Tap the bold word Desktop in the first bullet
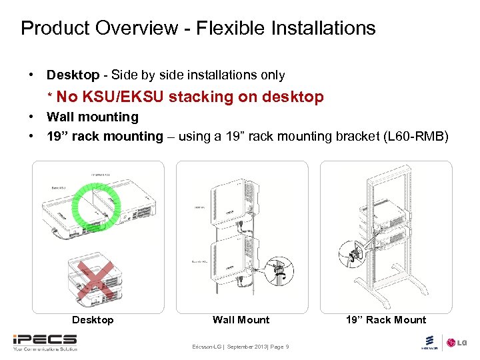click(x=73, y=75)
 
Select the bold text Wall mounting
click(x=92, y=117)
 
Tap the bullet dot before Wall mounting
click(x=32, y=117)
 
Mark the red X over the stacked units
click(x=93, y=280)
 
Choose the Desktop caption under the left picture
click(x=93, y=320)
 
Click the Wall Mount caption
click(x=241, y=320)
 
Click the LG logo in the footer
click(x=456, y=343)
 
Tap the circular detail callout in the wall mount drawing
click(x=276, y=271)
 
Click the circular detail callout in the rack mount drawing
click(x=351, y=253)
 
